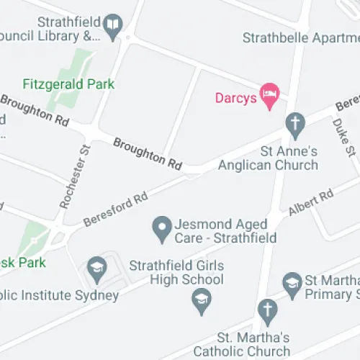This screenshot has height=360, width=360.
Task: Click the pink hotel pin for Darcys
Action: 270,95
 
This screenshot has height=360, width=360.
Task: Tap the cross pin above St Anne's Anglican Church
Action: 294,124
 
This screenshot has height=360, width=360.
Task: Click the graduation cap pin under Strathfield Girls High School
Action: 201,300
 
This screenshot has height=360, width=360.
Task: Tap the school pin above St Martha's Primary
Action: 292,283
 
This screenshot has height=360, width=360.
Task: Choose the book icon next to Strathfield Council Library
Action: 112,27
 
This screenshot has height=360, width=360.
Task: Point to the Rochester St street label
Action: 74,176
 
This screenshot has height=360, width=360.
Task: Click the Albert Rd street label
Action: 310,202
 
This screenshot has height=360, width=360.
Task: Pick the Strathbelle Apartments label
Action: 300,37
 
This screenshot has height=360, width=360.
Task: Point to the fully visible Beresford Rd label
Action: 115,207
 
